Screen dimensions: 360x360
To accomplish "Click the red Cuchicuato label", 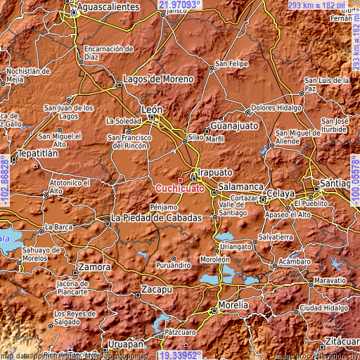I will coord(180,188).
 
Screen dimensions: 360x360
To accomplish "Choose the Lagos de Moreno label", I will coord(157,79).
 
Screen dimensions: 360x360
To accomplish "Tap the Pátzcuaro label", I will coord(184,330).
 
